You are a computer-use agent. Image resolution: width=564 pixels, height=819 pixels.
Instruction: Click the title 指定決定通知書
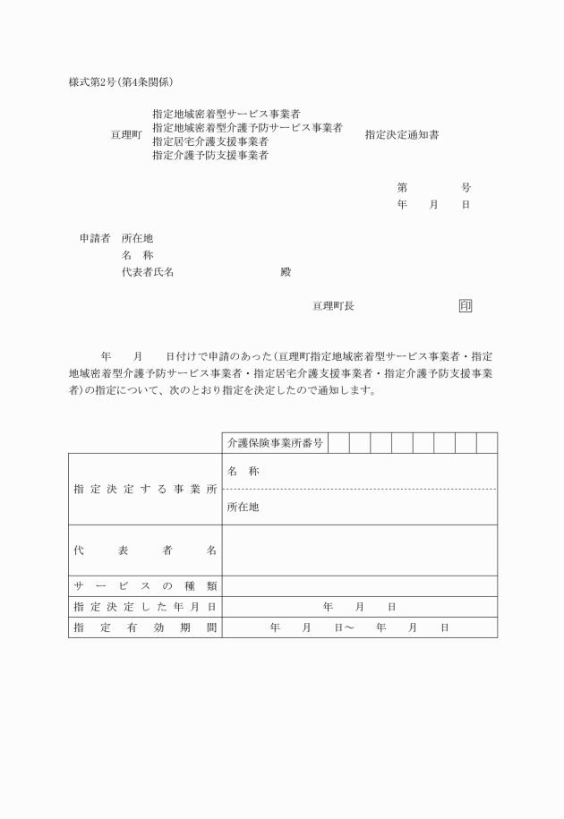[402, 135]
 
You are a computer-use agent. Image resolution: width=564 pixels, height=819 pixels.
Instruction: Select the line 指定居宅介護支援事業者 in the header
[210, 141]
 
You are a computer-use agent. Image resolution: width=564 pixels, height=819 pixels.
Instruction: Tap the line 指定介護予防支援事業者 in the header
[210, 155]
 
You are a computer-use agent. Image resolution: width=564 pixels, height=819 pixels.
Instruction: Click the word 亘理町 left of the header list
[126, 135]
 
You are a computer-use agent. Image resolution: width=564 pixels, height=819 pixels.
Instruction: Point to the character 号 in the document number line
[466, 188]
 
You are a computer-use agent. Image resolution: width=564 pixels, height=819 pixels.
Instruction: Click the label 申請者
[94, 239]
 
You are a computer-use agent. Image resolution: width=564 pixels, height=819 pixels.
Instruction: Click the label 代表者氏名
[147, 272]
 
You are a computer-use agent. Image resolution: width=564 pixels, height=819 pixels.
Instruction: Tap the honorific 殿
[286, 272]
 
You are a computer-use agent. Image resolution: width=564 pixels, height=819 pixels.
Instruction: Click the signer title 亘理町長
[333, 306]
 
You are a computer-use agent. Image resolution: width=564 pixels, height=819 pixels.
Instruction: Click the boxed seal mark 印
[466, 306]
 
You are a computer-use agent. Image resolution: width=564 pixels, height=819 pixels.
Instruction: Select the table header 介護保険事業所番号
[275, 443]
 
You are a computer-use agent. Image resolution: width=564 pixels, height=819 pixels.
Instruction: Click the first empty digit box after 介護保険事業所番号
[338, 443]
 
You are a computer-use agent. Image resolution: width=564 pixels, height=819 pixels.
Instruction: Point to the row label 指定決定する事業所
[145, 490]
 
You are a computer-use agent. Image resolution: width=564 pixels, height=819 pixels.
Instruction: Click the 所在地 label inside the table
[243, 508]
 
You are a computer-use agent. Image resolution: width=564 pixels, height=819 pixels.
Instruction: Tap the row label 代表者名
[145, 550]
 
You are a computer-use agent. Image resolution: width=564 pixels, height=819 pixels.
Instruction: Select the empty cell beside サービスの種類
[359, 586]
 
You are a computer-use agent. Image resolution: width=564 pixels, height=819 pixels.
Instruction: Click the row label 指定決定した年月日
[145, 607]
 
